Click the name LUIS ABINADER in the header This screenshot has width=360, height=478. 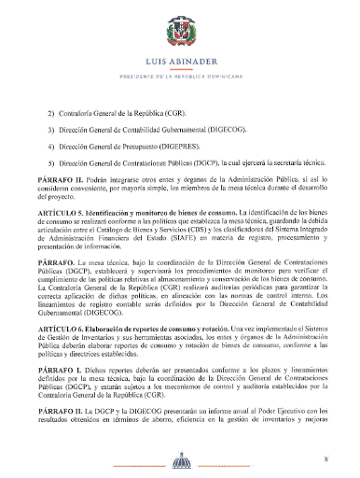(180, 65)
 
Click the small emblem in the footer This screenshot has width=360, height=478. (180, 461)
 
